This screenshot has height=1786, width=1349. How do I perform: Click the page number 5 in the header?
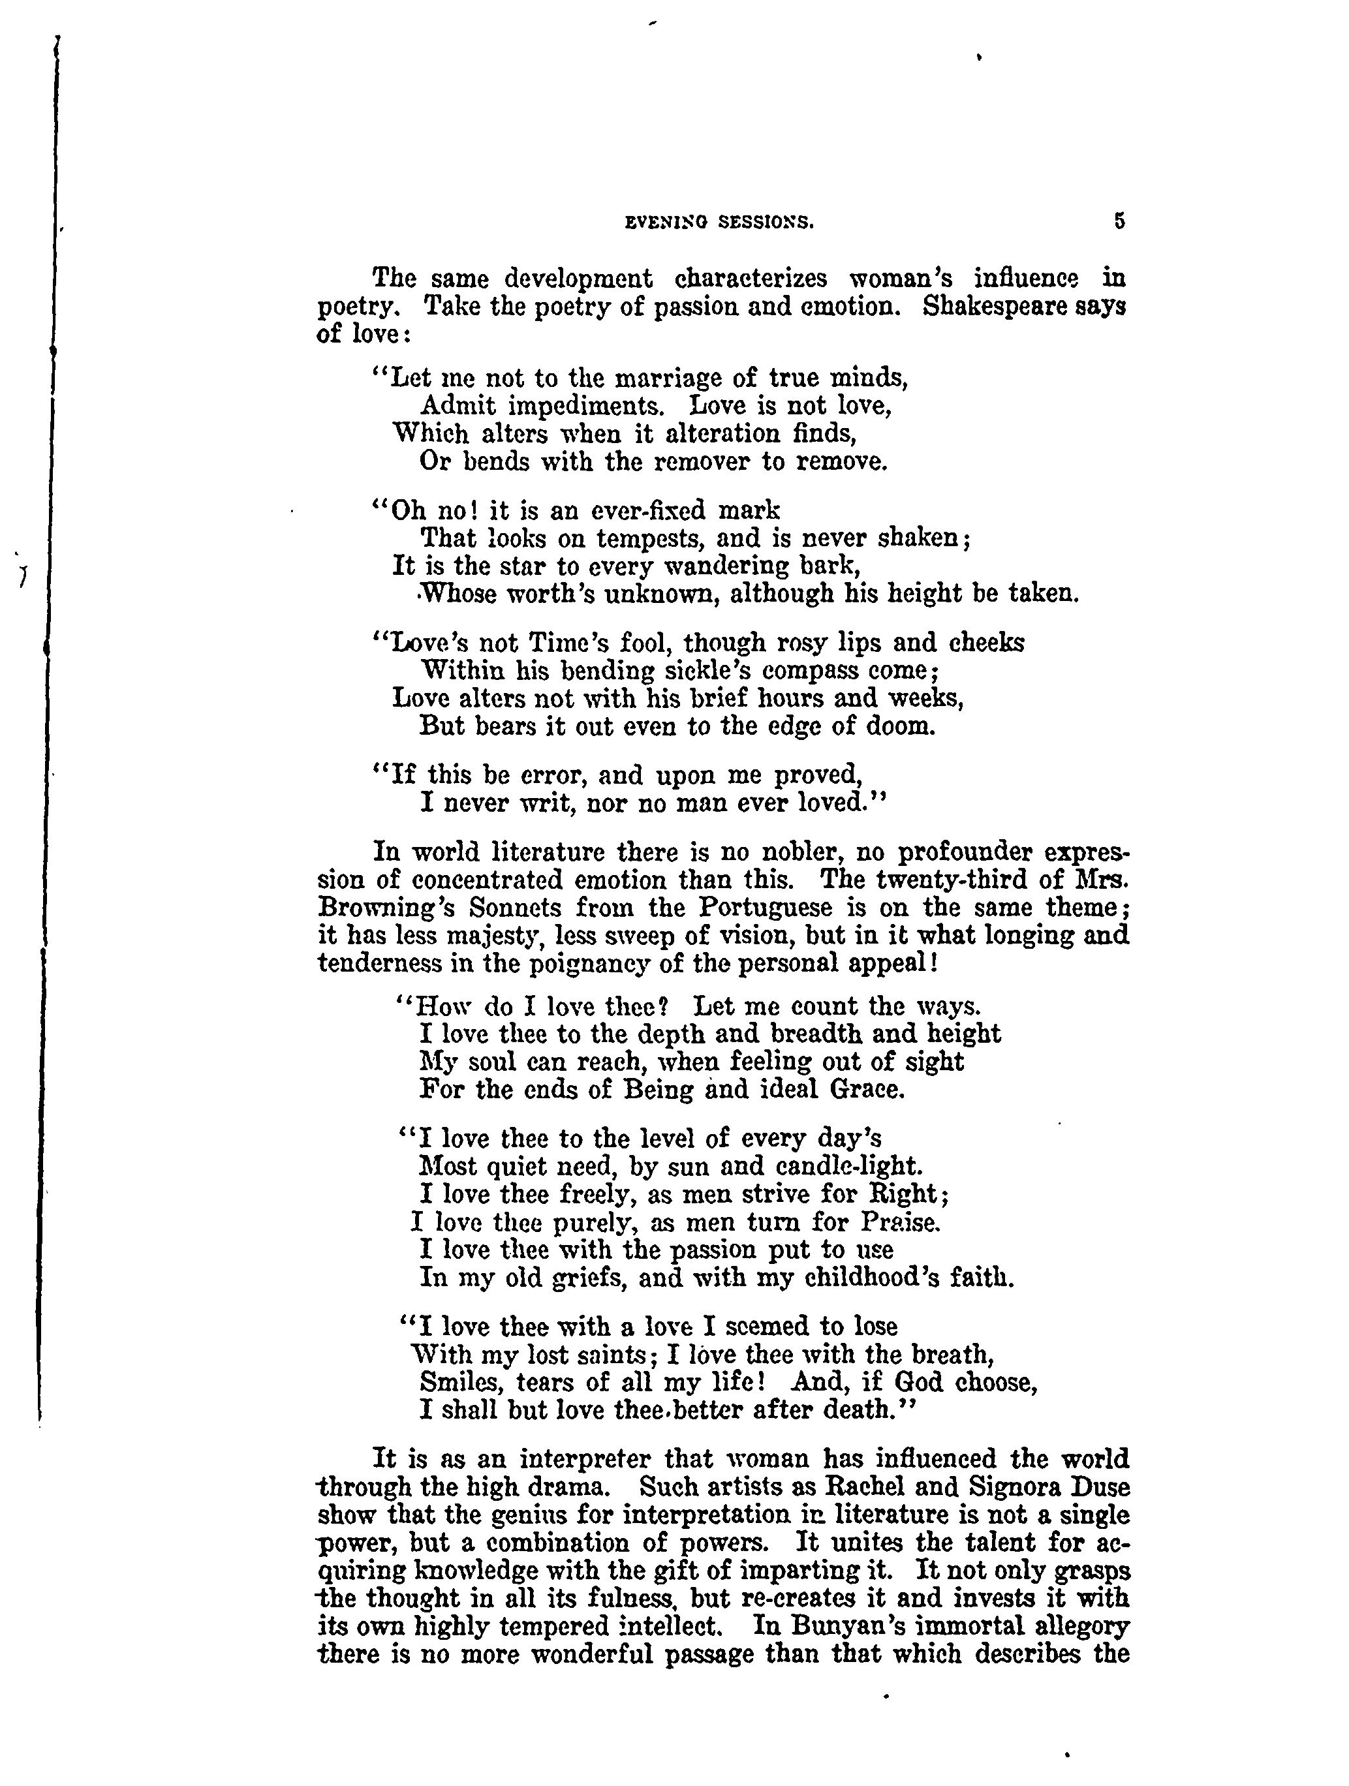[1119, 221]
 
